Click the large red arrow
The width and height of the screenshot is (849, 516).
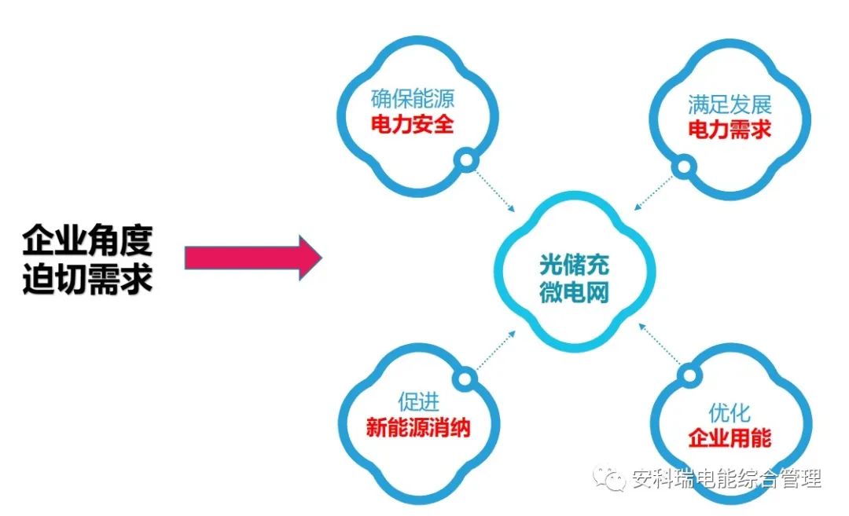pos(252,258)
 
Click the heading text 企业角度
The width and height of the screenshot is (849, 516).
pos(86,240)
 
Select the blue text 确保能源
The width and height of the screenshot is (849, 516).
pos(413,100)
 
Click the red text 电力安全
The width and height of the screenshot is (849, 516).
pos(413,124)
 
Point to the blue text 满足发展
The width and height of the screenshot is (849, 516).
pos(730,104)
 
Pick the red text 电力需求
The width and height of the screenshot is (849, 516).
pos(730,130)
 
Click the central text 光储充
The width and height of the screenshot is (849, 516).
pos(574,265)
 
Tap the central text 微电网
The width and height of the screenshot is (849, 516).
pos(574,293)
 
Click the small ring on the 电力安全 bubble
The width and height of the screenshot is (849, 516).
pos(466,162)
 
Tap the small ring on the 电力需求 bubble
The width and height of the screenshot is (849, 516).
pos(684,167)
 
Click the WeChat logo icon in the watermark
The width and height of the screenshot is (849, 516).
pos(611,478)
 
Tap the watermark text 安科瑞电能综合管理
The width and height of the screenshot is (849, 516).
pos(726,479)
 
